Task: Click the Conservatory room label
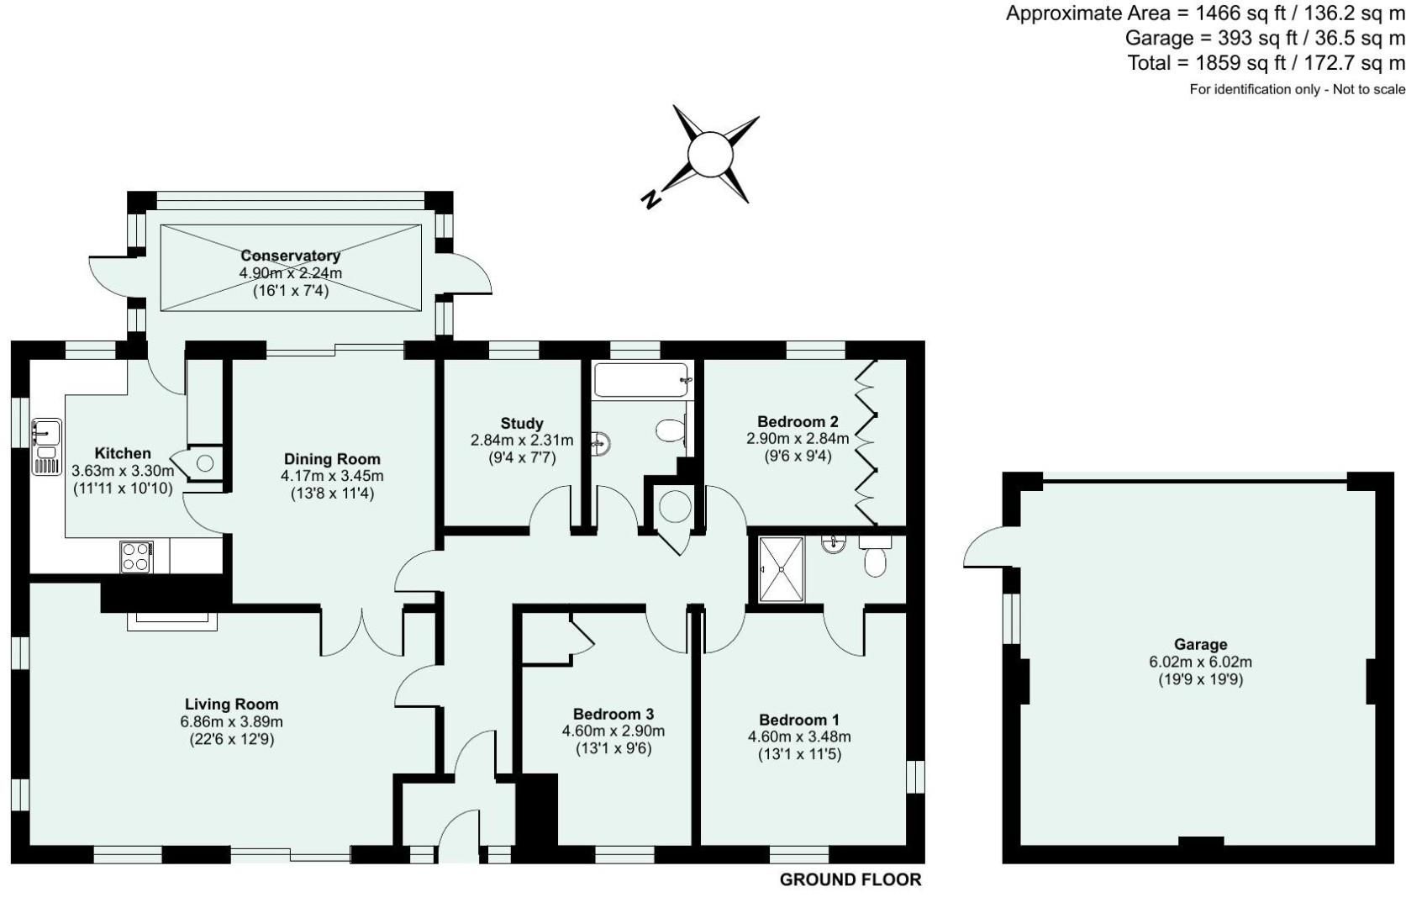[x=290, y=256]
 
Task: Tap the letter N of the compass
[x=650, y=199]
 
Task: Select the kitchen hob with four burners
[x=136, y=556]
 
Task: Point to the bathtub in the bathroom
[x=642, y=380]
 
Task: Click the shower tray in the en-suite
[x=781, y=569]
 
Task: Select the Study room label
[x=521, y=423]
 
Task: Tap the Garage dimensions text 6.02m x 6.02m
[x=1200, y=662]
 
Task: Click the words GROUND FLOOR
[x=850, y=879]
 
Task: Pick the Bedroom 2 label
[x=797, y=421]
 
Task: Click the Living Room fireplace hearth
[x=171, y=620]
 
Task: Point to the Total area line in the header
[x=1266, y=62]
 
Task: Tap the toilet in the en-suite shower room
[x=875, y=560]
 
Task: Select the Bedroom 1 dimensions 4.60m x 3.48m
[x=798, y=736]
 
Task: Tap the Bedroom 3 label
[x=613, y=713]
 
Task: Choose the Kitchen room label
[x=123, y=453]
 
